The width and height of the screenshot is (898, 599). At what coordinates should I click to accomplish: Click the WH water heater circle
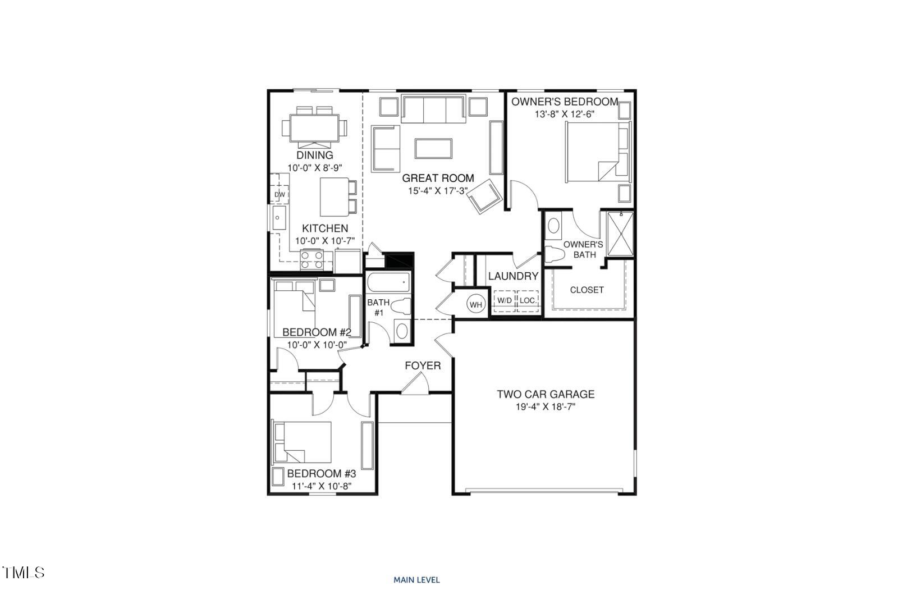point(476,305)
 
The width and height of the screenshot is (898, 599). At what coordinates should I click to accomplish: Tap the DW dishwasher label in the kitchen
point(280,195)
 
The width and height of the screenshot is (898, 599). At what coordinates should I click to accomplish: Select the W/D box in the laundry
point(503,300)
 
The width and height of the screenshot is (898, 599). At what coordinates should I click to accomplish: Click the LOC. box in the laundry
point(528,300)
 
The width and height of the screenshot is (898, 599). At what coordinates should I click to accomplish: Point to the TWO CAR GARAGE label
point(546,395)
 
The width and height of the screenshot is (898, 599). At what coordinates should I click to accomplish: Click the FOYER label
point(423,366)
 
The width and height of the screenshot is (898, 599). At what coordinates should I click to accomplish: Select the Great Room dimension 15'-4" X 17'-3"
point(438,191)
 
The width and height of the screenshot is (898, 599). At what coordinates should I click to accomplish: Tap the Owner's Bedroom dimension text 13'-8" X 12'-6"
point(564,114)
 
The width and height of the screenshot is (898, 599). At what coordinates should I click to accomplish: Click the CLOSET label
point(587,290)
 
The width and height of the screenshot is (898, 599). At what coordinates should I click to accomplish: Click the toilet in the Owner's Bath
point(556,254)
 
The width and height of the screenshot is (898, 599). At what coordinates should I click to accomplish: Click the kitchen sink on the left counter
point(278,218)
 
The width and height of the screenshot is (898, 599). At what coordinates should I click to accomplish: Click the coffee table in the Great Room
point(434,148)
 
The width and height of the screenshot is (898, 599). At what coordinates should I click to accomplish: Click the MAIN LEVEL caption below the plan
point(416,580)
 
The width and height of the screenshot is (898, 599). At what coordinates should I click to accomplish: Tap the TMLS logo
point(24,573)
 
